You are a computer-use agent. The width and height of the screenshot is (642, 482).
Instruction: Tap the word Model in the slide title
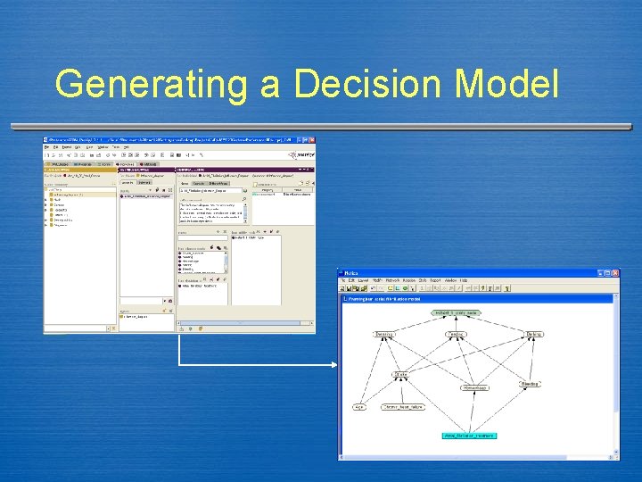pyautogui.click(x=506, y=86)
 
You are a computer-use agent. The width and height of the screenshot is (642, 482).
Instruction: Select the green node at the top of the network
pyautogui.click(x=456, y=313)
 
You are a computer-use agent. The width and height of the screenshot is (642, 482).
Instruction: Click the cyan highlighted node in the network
pyautogui.click(x=468, y=436)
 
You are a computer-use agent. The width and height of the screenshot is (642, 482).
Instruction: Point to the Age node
pyautogui.click(x=358, y=406)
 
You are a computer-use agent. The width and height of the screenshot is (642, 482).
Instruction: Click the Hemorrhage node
pyautogui.click(x=473, y=388)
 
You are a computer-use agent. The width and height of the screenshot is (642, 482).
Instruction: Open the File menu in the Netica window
pyautogui.click(x=342, y=280)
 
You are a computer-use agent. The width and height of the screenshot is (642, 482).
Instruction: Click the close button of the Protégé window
pyautogui.click(x=310, y=140)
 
